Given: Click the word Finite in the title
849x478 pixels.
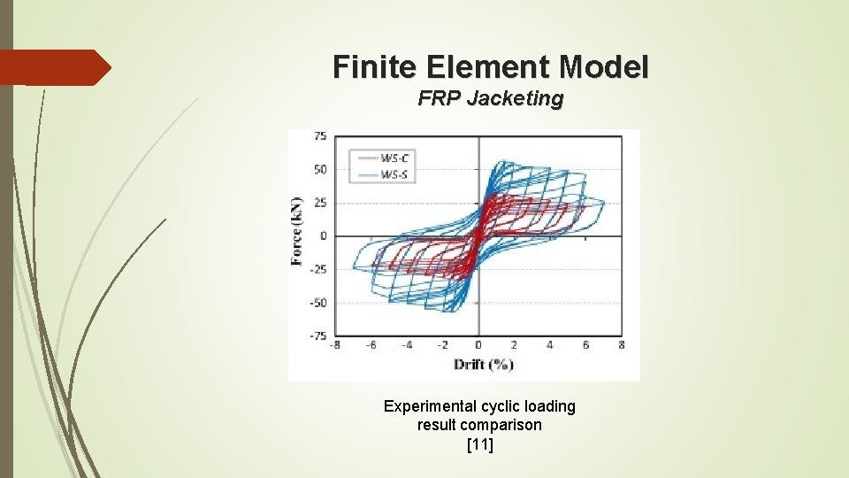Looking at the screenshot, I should [x=370, y=66].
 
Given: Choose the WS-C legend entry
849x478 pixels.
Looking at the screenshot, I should [x=395, y=158].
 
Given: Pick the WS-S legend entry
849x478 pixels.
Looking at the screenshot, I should [x=395, y=174].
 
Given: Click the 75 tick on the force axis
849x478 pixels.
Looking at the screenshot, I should [x=320, y=135].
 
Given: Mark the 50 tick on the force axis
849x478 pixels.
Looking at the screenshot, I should [x=320, y=169].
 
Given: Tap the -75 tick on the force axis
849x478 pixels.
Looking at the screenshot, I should [x=318, y=335].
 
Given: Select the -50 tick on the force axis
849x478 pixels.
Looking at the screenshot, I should [x=318, y=303].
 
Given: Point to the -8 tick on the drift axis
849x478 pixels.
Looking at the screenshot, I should [x=334, y=346].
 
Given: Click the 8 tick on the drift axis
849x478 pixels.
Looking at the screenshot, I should [x=622, y=346].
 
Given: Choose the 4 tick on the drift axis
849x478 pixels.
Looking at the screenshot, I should [x=550, y=346].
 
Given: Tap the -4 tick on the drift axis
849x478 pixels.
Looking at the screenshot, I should [x=405, y=346].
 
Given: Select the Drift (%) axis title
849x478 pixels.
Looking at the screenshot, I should [x=484, y=365].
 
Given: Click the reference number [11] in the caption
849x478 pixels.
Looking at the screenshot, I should [x=479, y=444].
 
